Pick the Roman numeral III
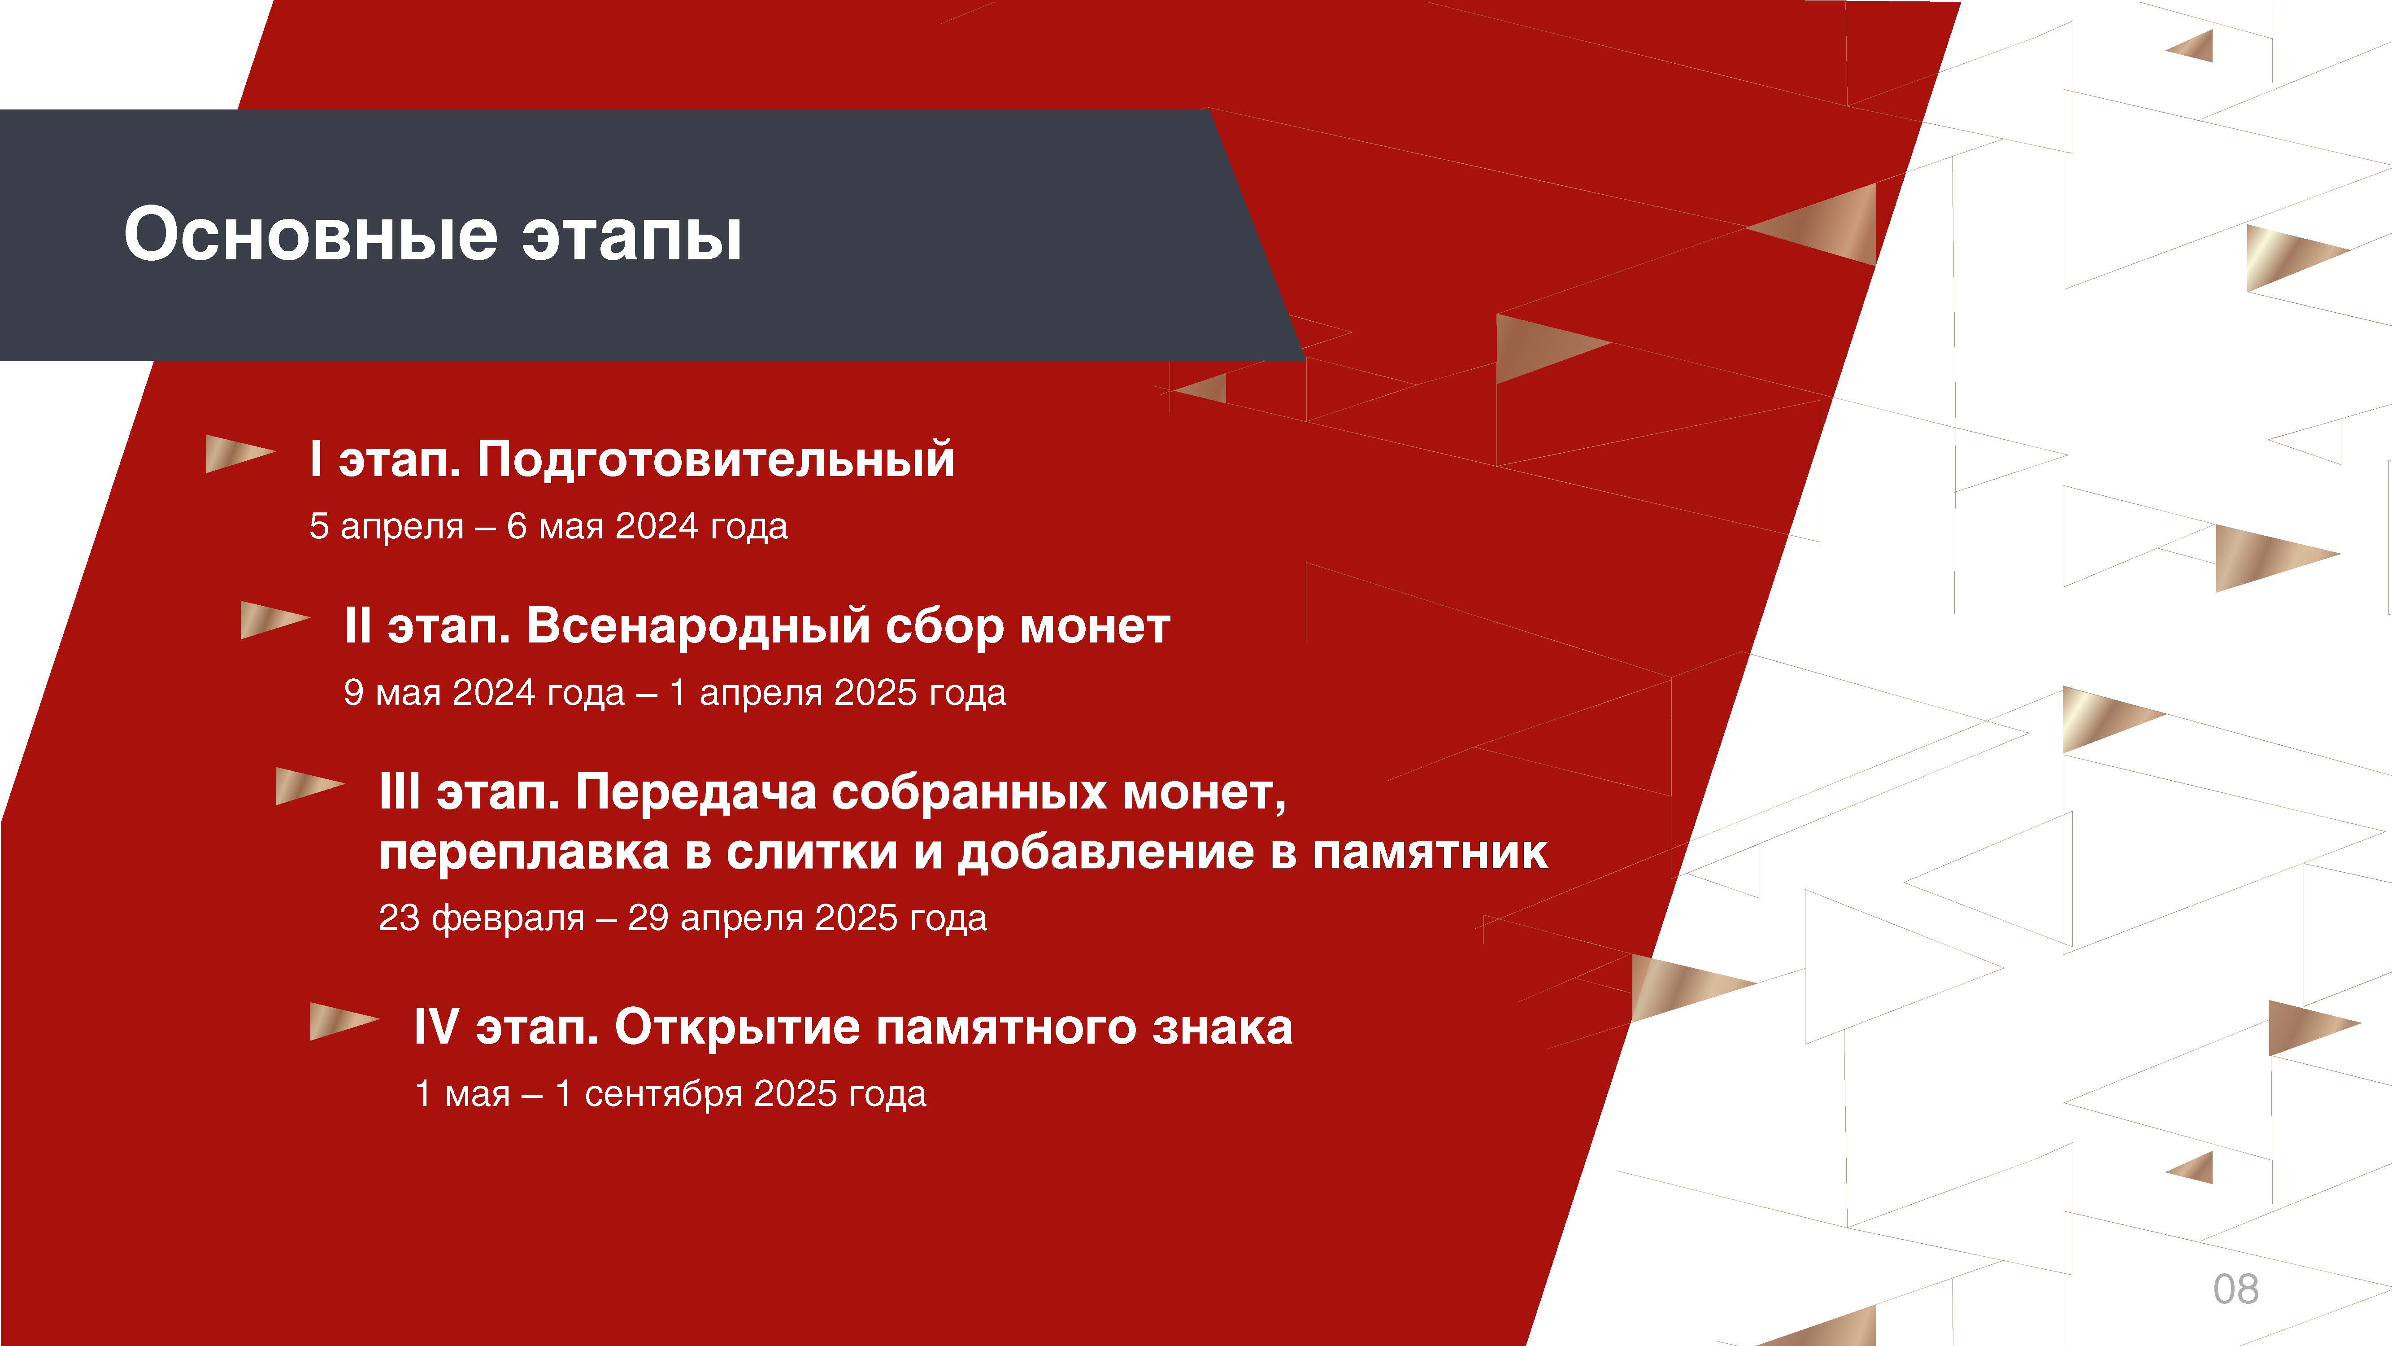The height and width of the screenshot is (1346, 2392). click(x=399, y=792)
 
